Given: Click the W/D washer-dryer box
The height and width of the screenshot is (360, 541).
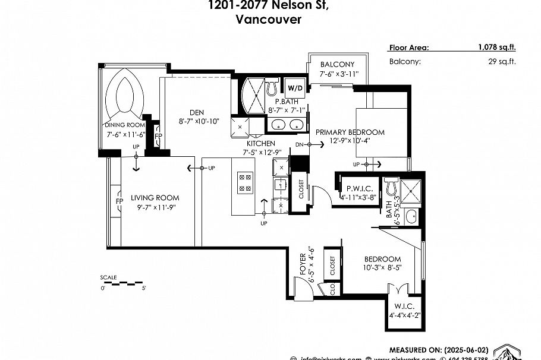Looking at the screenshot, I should [295, 88].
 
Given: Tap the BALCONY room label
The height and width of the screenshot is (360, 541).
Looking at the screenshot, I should [337, 65].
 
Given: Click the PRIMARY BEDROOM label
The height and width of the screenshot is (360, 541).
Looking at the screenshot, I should [350, 132].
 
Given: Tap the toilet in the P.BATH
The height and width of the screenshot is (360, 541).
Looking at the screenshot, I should [273, 87].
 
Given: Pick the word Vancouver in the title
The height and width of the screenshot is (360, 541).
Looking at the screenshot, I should [268, 19].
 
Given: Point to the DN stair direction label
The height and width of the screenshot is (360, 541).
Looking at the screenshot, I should [299, 144].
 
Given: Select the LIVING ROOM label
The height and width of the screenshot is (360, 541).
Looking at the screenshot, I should [155, 198].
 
